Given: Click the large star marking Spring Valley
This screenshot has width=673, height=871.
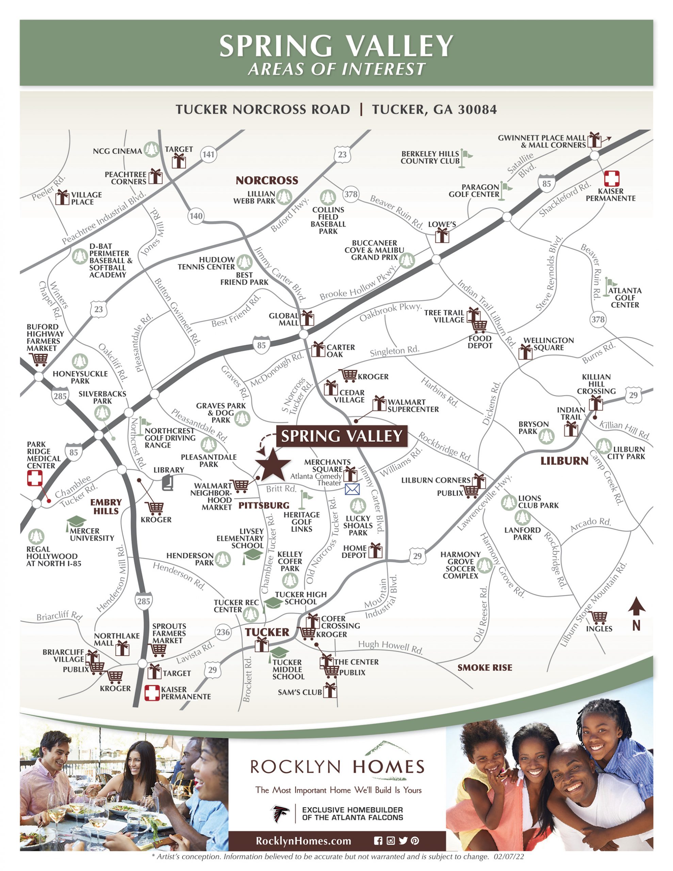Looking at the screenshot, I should pos(273,464).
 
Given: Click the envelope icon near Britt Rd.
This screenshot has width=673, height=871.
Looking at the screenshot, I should pos(352,489).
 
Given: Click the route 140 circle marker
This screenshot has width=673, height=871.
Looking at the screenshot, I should pos(196,216).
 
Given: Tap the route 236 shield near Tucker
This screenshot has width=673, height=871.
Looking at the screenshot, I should pos(223,632).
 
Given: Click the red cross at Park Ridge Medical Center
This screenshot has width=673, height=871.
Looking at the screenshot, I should pos(35,478).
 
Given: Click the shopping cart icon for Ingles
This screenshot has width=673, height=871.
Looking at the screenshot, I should pos(598,618).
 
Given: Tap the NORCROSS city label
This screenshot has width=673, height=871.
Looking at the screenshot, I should pos(267,181).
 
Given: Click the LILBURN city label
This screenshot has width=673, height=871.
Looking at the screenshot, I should pos(564,461).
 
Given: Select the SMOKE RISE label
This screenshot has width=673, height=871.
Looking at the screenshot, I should pos(485,668).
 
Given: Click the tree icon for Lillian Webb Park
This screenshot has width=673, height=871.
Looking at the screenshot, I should pos(284,197).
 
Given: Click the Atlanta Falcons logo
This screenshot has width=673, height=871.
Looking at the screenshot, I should pos(280,814).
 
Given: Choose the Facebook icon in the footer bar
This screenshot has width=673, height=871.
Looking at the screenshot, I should pos(378,841).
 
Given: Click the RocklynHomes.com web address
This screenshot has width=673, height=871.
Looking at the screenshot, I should pos(303,841).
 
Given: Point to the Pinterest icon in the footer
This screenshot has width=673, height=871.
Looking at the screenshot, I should pos(415,841).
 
